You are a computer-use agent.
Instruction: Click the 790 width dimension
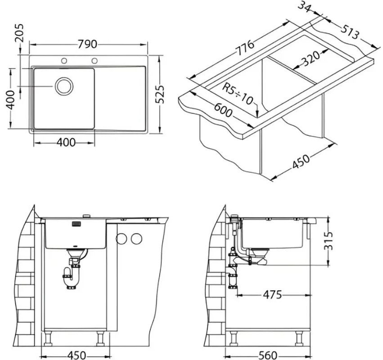pyautogui.click(x=87, y=45)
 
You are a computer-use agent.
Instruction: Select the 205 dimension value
pyautogui.click(x=19, y=33)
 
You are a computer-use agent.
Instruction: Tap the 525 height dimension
pyautogui.click(x=160, y=94)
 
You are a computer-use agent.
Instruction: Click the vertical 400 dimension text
pyautogui.click(x=10, y=100)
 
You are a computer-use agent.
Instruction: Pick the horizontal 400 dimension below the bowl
pyautogui.click(x=66, y=142)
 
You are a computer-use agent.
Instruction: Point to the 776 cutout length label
pyautogui.click(x=245, y=48)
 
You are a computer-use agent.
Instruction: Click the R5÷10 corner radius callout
pyautogui.click(x=238, y=94)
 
